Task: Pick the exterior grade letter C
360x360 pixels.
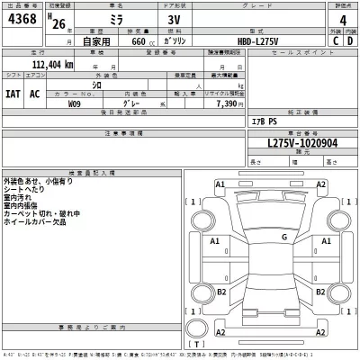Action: coord(336,40)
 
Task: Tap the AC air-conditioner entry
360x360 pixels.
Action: coord(35,94)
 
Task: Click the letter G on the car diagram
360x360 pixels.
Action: coord(284,237)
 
